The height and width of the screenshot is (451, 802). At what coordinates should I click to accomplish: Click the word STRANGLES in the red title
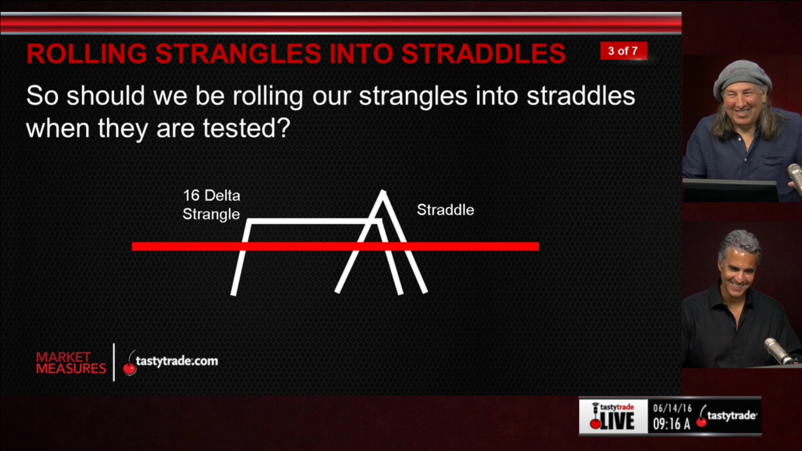[238, 54]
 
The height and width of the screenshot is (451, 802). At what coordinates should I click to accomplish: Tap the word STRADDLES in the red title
[483, 54]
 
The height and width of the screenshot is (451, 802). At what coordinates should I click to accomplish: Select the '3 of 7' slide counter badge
[623, 51]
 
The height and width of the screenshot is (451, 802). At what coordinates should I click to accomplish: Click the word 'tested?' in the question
[246, 128]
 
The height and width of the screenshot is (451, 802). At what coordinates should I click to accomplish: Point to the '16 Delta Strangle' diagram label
[211, 205]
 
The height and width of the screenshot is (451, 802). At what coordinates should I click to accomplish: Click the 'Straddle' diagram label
[445, 210]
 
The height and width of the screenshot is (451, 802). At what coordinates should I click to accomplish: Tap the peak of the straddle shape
[383, 192]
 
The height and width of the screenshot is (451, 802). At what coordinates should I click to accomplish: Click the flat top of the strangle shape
[314, 221]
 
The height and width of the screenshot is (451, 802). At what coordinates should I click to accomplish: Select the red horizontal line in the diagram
[335, 246]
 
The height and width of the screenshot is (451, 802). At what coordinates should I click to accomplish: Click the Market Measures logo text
[71, 363]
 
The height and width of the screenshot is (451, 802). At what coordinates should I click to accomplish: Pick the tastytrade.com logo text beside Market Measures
[177, 361]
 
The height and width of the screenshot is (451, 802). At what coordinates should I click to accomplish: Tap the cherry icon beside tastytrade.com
[129, 368]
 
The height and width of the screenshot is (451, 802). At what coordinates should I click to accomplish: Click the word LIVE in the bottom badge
[617, 421]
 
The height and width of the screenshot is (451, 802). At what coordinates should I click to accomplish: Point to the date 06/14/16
[672, 408]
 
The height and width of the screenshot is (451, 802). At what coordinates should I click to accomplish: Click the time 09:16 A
[671, 424]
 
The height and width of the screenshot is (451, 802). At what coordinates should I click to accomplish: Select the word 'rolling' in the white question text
[268, 96]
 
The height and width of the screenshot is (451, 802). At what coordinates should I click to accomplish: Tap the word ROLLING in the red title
[86, 54]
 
